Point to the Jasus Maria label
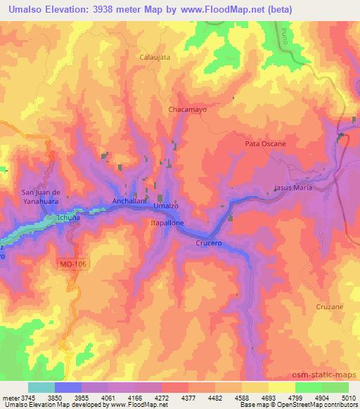pos(292,188)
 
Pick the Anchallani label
pos(129,201)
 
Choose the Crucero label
pos(209,242)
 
